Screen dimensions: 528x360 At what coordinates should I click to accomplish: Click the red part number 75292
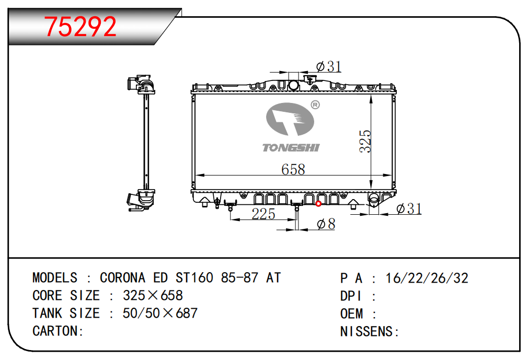click(x=80, y=27)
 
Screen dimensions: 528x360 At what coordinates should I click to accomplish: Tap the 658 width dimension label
click(x=293, y=169)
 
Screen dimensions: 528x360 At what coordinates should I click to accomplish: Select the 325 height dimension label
click(x=365, y=141)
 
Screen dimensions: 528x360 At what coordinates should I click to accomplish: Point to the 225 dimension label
click(x=263, y=214)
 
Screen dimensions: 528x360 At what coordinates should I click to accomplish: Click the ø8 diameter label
click(x=326, y=224)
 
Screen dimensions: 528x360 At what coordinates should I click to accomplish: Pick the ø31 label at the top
click(x=329, y=66)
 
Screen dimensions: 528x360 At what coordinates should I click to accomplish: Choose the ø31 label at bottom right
click(x=409, y=208)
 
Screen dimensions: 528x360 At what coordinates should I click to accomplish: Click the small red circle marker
click(x=318, y=204)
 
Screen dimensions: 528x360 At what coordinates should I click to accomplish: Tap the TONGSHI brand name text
click(x=291, y=148)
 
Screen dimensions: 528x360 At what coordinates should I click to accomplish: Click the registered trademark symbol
click(x=315, y=105)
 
